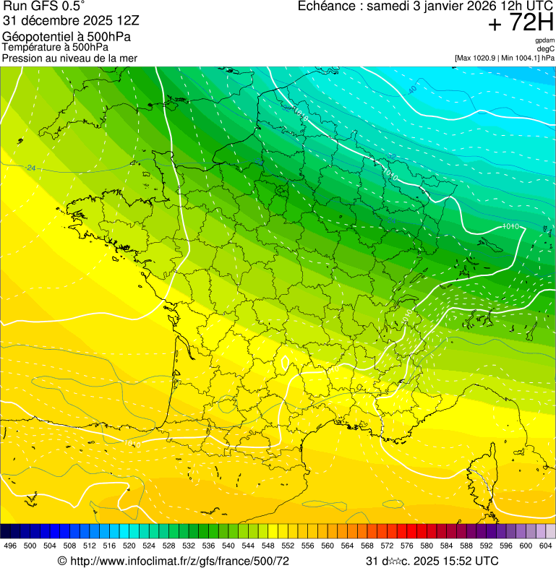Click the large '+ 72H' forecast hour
(521, 23)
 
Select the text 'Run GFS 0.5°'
(44, 7)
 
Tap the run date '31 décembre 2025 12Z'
(76, 20)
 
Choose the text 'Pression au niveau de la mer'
(70, 58)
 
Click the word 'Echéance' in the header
(329, 7)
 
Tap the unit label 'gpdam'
(544, 40)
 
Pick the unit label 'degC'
(546, 49)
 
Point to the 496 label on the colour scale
(10, 546)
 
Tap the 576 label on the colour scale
(407, 546)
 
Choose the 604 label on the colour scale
(546, 546)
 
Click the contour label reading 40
(412, 90)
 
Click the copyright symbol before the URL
(62, 561)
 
